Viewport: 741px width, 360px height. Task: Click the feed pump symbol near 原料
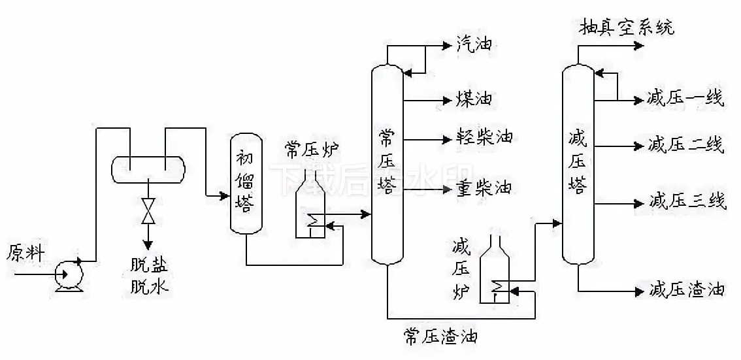[68, 273]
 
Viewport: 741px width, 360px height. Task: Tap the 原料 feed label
[25, 253]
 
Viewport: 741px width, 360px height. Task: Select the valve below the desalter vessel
[148, 211]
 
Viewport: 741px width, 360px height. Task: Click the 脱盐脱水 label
[148, 276]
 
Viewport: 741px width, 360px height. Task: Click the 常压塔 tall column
[387, 163]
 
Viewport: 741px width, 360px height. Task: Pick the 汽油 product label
[474, 45]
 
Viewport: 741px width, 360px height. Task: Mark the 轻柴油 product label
[484, 138]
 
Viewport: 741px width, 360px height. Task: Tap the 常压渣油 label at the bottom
[440, 337]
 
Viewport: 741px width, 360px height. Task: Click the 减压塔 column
[578, 163]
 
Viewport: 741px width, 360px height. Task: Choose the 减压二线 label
[685, 145]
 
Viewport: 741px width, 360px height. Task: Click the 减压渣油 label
[686, 289]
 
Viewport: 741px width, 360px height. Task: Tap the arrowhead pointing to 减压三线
[639, 203]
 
